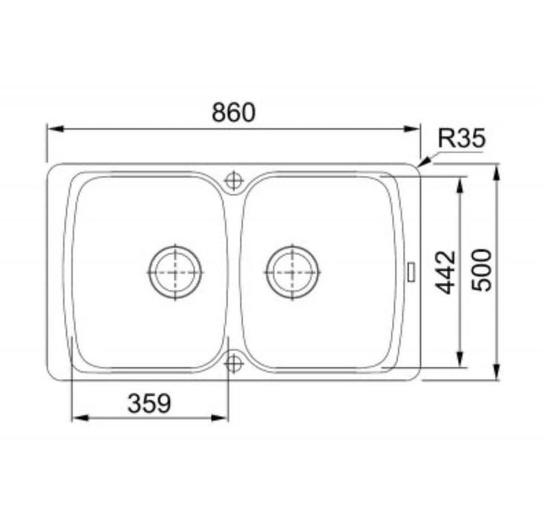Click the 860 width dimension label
(x=234, y=112)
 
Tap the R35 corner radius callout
(x=462, y=137)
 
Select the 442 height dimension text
(x=445, y=272)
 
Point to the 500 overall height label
(x=482, y=270)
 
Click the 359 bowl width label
(x=149, y=403)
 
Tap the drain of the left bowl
(x=175, y=273)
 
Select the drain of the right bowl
(x=293, y=273)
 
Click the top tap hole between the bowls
(x=234, y=181)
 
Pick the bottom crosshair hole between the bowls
(x=234, y=363)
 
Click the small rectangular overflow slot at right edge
(x=412, y=272)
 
